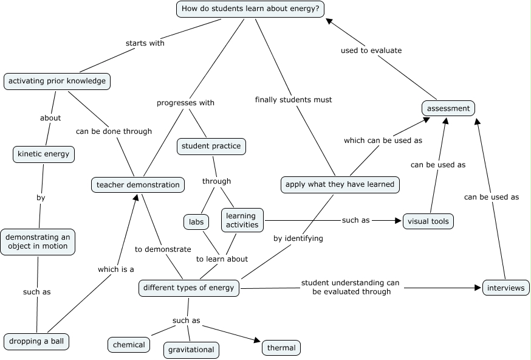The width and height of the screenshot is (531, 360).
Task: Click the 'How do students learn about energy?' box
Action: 250,9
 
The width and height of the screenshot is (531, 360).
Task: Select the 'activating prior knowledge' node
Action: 57,81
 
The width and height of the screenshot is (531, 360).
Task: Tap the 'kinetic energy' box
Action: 44,154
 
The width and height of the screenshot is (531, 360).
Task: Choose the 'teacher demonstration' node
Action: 139,184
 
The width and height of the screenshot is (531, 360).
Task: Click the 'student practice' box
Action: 211,146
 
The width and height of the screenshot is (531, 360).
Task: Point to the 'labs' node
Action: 196,222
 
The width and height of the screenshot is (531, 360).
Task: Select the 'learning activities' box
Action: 242,220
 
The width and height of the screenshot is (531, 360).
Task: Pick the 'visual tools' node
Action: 428,221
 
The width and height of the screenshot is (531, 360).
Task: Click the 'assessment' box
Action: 448,108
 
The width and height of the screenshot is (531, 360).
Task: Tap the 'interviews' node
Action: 506,288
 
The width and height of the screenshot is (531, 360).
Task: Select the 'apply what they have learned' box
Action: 340,184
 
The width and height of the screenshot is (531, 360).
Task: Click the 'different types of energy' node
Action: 189,288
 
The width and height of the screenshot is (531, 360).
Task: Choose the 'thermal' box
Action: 281,348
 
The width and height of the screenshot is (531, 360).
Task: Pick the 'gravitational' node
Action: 191,350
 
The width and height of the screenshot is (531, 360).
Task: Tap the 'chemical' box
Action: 129,345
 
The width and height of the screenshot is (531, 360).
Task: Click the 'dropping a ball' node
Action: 36,341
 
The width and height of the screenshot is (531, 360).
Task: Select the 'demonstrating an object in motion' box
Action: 38,241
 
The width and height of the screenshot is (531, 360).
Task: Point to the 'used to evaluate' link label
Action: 371,50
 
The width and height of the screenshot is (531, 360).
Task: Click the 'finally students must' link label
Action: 293,99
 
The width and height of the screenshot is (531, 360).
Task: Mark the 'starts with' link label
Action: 145,43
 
